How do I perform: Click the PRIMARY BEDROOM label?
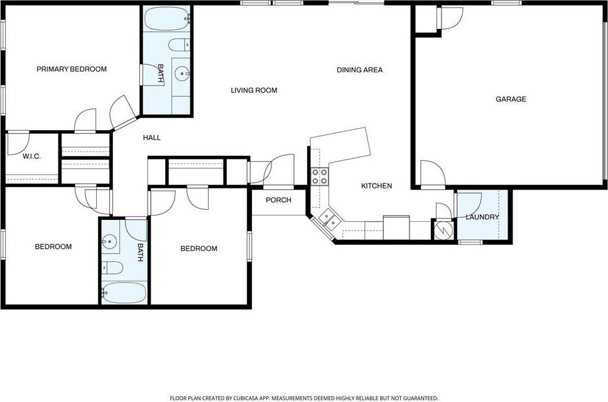[71, 69]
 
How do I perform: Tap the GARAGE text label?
[511, 99]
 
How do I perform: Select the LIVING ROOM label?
[254, 90]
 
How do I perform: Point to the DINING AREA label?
[359, 70]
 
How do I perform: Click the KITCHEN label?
[376, 186]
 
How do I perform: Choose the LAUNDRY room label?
[482, 217]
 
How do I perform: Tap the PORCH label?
[278, 200]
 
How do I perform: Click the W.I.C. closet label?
[31, 156]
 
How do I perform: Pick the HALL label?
[152, 138]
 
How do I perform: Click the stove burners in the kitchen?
[319, 177]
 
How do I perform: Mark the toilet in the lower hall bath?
[111, 268]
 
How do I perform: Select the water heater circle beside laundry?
[442, 229]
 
